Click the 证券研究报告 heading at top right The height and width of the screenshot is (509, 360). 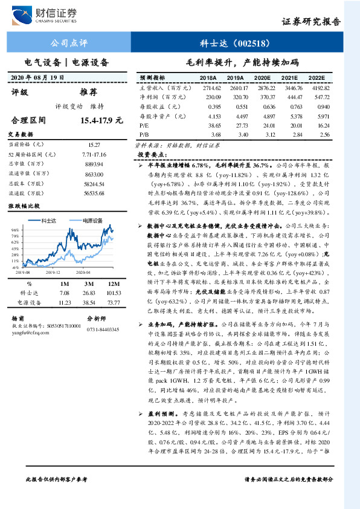point(311,22)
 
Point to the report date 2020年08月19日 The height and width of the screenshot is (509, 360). point(37,77)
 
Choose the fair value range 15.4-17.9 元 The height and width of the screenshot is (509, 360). point(97,121)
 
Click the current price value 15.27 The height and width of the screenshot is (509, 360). point(95,145)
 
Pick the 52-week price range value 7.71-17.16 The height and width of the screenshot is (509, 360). point(95,155)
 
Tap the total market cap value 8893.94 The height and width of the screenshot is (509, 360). point(95,164)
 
